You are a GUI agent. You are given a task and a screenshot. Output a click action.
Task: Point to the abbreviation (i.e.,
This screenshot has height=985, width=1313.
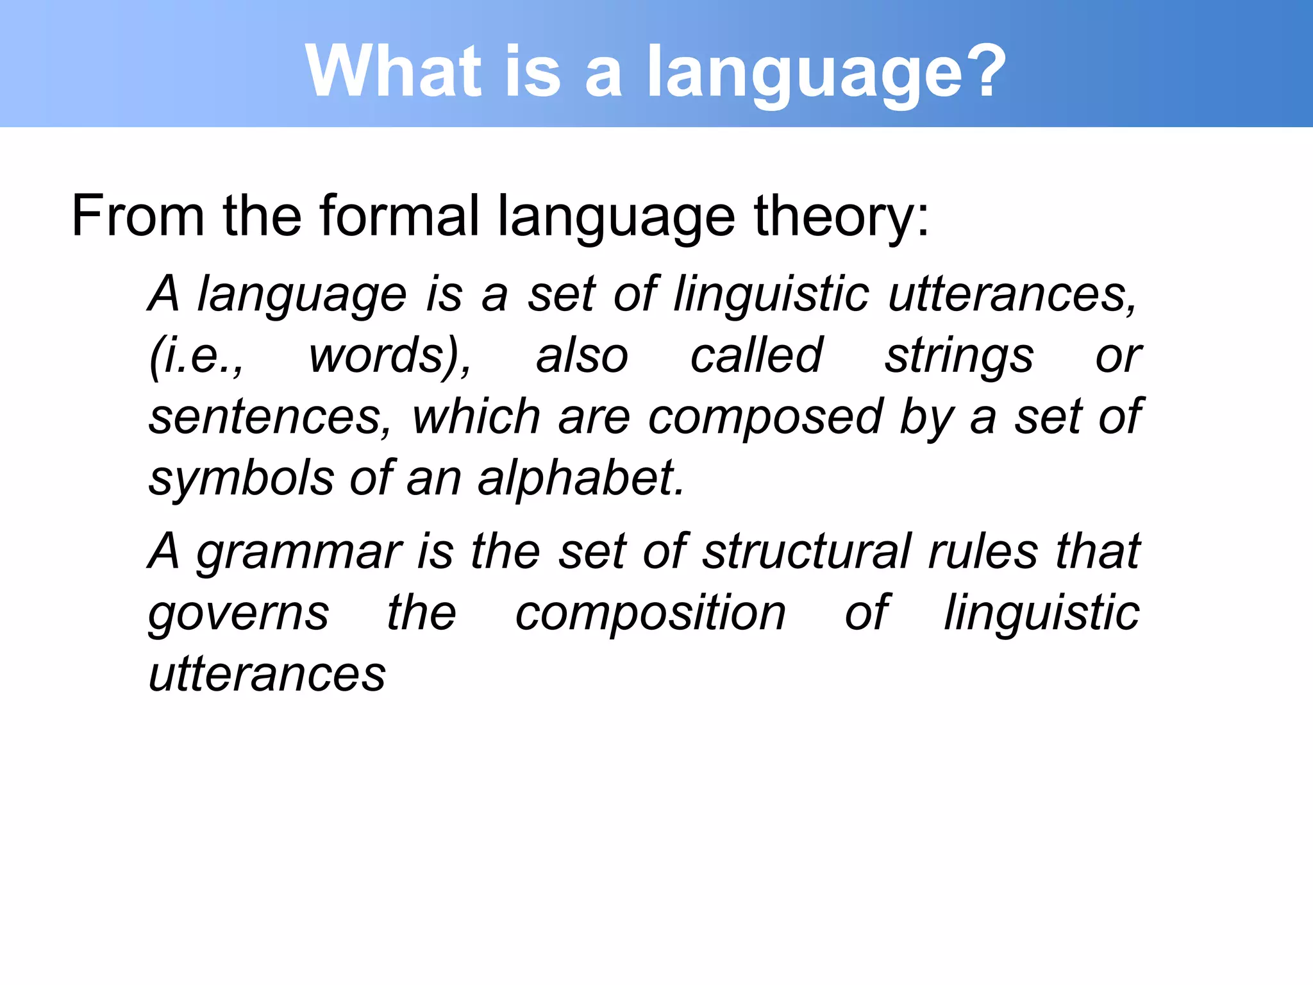(196, 356)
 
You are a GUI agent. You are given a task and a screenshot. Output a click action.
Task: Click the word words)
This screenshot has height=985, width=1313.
(390, 356)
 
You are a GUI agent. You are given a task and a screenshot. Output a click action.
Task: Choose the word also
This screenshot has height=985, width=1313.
(582, 356)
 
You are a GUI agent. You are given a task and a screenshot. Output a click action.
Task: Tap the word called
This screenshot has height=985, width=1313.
(756, 356)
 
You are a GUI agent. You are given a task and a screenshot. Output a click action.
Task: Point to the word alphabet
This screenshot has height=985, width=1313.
(581, 478)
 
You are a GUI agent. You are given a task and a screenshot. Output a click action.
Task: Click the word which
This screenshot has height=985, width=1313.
(476, 417)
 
